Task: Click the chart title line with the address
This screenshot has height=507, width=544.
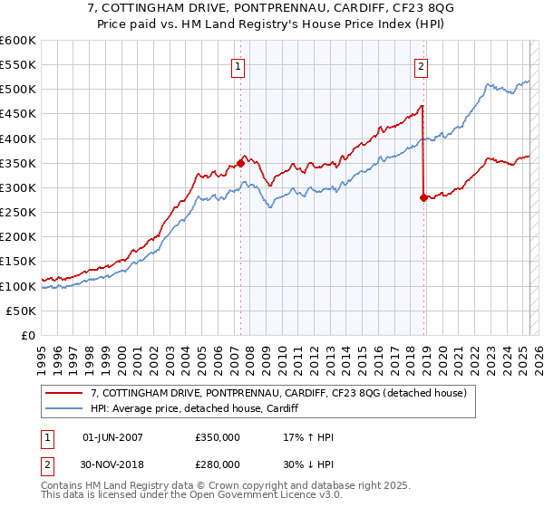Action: [x=273, y=9]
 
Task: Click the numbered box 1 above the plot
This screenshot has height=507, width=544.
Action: [x=238, y=65]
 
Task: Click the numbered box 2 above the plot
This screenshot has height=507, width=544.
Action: [x=423, y=65]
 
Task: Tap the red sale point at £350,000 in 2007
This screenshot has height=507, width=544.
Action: [x=240, y=163]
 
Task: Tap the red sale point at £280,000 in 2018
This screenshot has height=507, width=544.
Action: [x=423, y=197]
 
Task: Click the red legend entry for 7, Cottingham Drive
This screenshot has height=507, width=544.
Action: [x=278, y=393]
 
